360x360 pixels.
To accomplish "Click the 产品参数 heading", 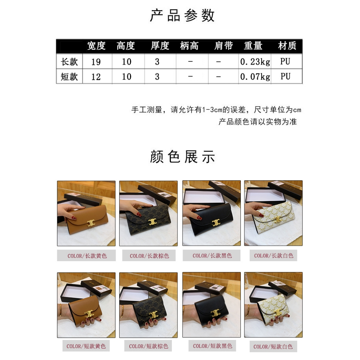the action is tap(182, 15).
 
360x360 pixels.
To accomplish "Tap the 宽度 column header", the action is tap(96, 46).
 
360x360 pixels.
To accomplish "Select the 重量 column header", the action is tap(253, 46).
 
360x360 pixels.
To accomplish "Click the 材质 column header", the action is tap(287, 46).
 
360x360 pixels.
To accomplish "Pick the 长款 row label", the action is tap(69, 62).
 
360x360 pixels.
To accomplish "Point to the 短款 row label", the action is tap(69, 77).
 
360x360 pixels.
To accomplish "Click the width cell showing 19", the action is tap(96, 62).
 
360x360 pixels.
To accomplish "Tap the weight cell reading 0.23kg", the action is tap(255, 62).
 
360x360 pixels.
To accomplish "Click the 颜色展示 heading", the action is tap(182, 157).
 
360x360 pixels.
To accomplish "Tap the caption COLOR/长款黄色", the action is tap(87, 256).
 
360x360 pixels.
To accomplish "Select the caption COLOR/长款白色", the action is tap(274, 256).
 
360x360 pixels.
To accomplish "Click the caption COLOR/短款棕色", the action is tap(149, 346).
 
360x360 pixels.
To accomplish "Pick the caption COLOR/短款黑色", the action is tap(213, 346).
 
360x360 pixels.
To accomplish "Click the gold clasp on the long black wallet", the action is tap(216, 223).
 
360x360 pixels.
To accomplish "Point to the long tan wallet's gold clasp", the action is tap(91, 223).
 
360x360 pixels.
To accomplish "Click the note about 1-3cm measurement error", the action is tap(216, 110).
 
